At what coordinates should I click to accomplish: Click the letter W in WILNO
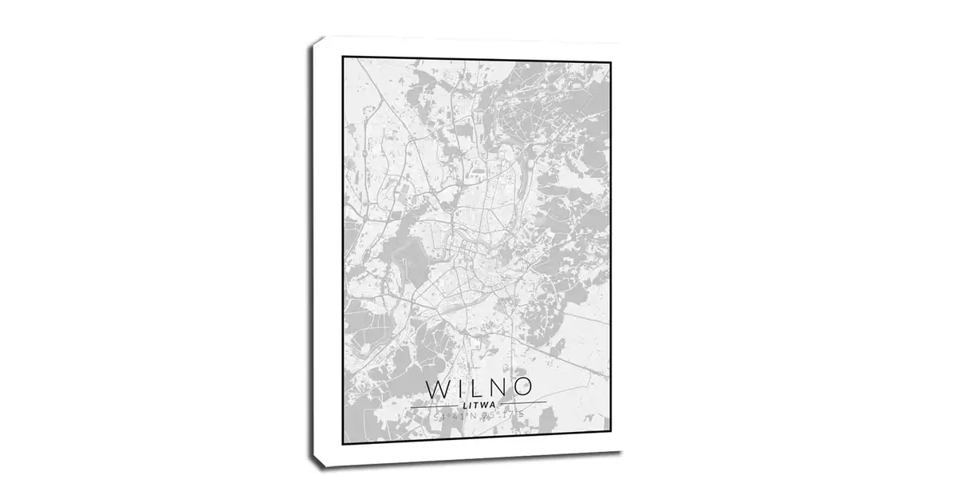coord(438,389)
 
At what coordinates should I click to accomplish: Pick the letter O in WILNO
coord(521,389)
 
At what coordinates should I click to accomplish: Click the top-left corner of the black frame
coord(343,57)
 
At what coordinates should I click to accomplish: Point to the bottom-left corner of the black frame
coord(343,443)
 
